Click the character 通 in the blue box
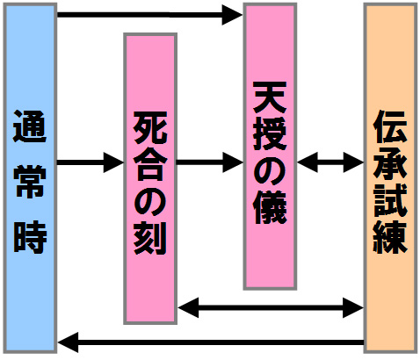tap(30, 126)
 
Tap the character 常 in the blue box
tap(30, 182)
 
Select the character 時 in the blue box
tap(30, 237)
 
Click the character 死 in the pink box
tap(150, 127)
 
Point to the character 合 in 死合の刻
tap(150, 164)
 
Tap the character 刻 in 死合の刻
tap(150, 238)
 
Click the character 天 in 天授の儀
tap(270, 97)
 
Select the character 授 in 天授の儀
tap(270, 134)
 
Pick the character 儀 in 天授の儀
tap(270, 207)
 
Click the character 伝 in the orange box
tap(390, 126)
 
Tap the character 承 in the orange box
tap(390, 163)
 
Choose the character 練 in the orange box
tap(390, 237)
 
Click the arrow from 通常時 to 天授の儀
tap(149, 15)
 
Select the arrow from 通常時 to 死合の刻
tap(91, 162)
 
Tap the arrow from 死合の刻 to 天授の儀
tap(210, 162)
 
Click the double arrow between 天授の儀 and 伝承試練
tap(330, 162)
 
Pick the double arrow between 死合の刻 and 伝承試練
tap(271, 308)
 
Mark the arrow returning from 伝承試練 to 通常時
tap(211, 342)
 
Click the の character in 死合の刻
tap(150, 201)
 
